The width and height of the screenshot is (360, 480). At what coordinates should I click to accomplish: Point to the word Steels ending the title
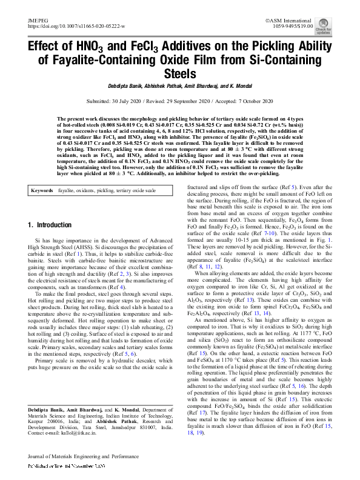pyautogui.click(x=180, y=75)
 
